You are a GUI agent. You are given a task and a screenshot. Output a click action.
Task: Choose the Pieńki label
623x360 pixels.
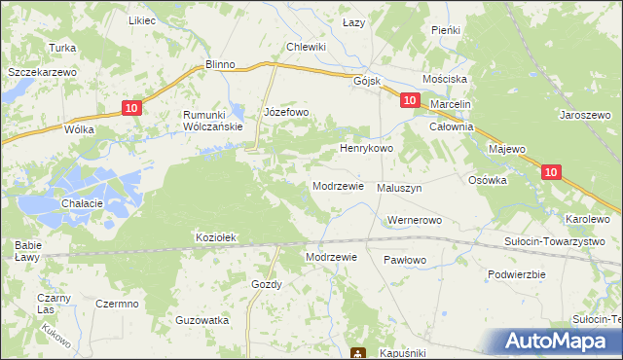pyautogui.click(x=445, y=30)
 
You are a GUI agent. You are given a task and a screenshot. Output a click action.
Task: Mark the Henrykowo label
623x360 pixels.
pyautogui.click(x=365, y=149)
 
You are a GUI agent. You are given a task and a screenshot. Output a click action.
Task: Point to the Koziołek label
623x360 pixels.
pyautogui.click(x=216, y=237)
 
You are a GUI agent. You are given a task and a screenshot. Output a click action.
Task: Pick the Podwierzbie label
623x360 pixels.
pyautogui.click(x=516, y=274)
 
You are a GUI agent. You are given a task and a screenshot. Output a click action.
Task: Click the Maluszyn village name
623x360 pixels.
pyautogui.click(x=399, y=189)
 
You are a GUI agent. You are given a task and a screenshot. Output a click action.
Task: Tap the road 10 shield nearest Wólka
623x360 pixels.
pyautogui.click(x=133, y=109)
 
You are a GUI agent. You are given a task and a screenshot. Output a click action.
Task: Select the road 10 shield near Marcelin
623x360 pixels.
pyautogui.click(x=409, y=100)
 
